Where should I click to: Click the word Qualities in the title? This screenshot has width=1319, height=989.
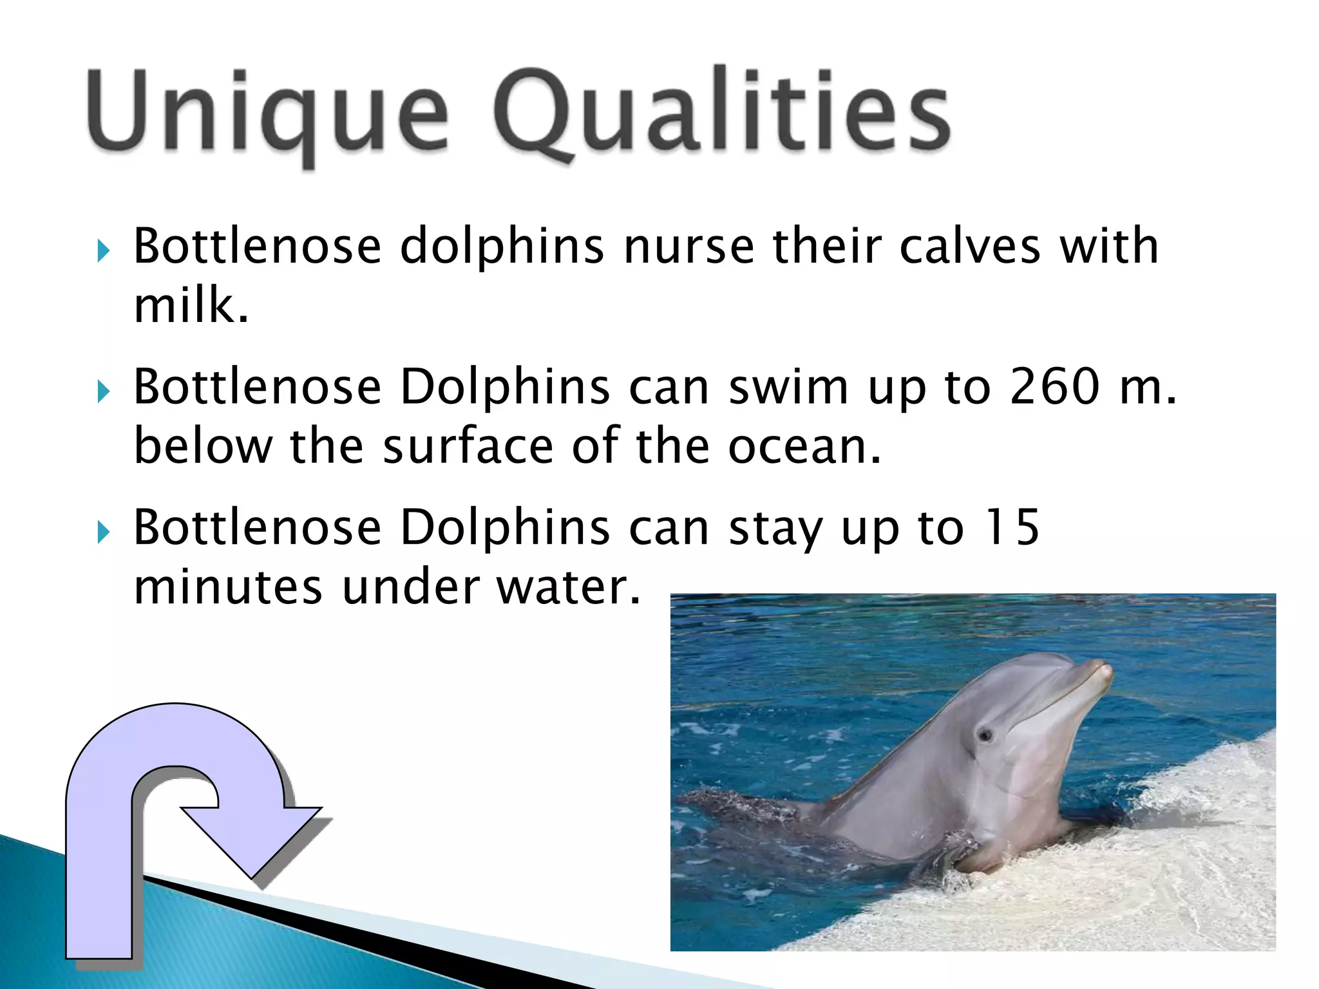[721, 113]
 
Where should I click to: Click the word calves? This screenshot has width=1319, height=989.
[969, 247]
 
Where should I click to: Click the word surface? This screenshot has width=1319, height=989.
[468, 446]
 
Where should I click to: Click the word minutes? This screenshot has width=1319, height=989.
[227, 587]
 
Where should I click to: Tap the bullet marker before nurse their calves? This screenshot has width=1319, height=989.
[104, 250]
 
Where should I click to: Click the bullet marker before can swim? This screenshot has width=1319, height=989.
[104, 391]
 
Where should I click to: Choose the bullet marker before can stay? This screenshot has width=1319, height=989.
[104, 532]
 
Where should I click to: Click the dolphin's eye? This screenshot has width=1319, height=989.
[985, 735]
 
